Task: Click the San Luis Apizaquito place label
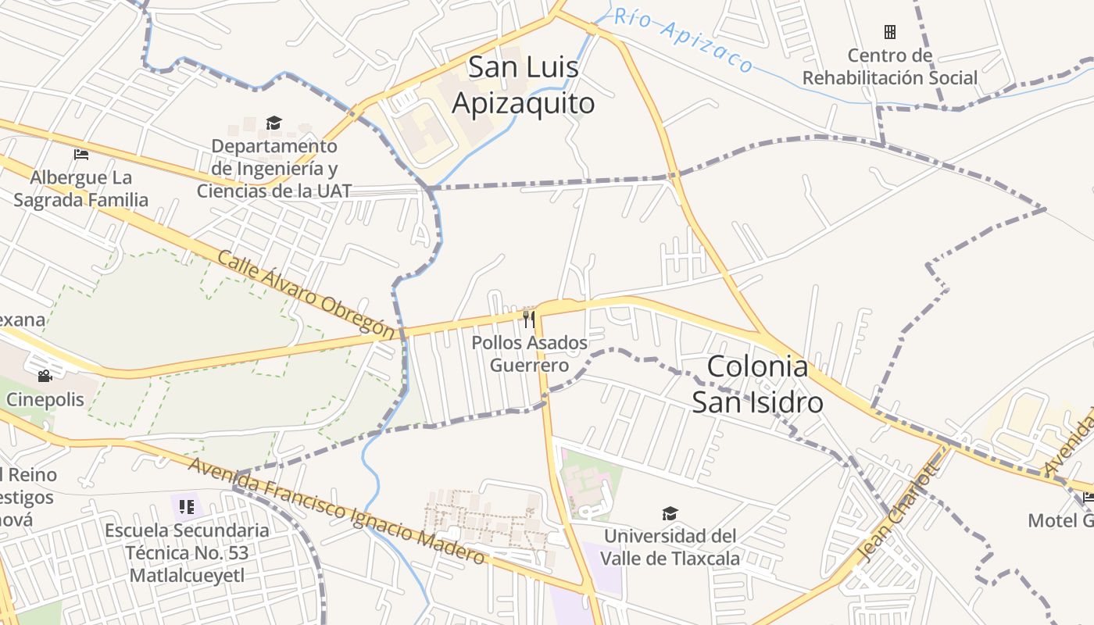tap(524, 85)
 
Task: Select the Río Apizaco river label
tap(684, 39)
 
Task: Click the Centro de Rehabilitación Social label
tap(890, 66)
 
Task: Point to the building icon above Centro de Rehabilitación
tap(889, 32)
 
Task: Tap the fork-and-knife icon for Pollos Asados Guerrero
tap(529, 318)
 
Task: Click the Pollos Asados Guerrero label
tap(529, 354)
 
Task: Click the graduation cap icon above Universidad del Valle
tap(670, 513)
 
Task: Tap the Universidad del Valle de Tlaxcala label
tap(670, 548)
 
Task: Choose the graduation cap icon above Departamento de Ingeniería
tap(273, 123)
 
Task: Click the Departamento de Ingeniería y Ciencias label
tap(274, 168)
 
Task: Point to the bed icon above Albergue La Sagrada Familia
tap(80, 154)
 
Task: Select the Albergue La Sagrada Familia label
tap(80, 189)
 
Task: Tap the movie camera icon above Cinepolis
tap(45, 377)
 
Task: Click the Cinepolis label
tap(45, 399)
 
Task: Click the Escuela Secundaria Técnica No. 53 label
tap(187, 552)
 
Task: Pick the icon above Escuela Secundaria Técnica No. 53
tap(186, 507)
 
